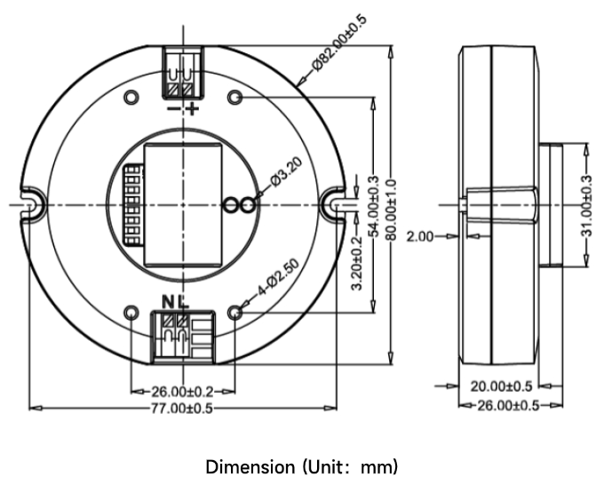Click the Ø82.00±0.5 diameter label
coord(339,44)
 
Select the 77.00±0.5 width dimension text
coord(181,409)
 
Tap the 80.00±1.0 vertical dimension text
coord(391,210)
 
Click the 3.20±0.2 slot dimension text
coord(357,264)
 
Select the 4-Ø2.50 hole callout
coord(278,277)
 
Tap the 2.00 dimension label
coord(420,236)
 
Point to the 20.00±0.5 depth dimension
coord(501,386)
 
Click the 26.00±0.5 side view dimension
coord(508,405)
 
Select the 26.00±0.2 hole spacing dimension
coord(182,392)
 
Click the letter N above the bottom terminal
coord(168,302)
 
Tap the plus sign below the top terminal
coord(192,109)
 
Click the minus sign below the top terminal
coord(173,109)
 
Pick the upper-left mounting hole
coord(131,97)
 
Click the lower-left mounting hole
coord(131,313)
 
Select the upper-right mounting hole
coord(235,97)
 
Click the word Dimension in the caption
coord(250,467)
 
